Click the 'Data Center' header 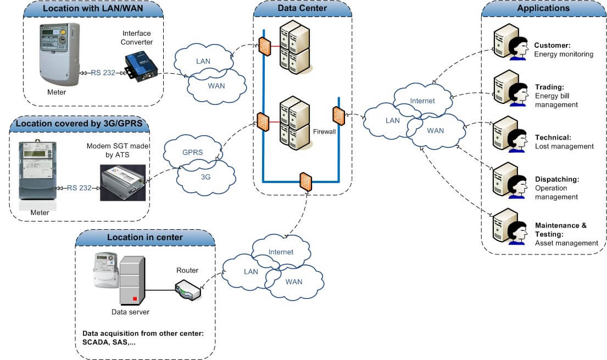pyautogui.click(x=302, y=9)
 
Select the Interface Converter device pyautogui.click(x=140, y=65)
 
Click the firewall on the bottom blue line pyautogui.click(x=306, y=181)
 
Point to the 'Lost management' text pyautogui.click(x=564, y=146)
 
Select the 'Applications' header pyautogui.click(x=543, y=9)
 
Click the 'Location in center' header pyautogui.click(x=145, y=237)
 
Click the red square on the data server pyautogui.click(x=135, y=299)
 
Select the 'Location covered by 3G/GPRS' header pyautogui.click(x=80, y=123)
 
